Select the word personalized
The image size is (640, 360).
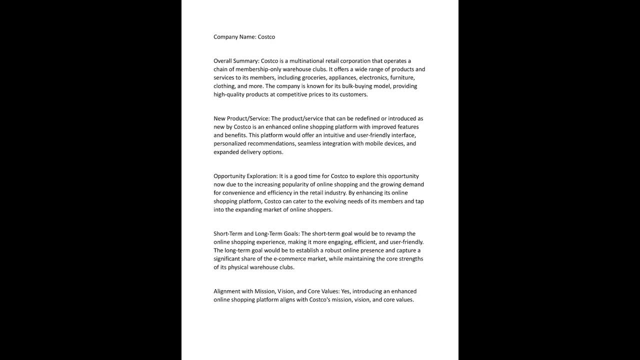(x=231, y=144)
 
